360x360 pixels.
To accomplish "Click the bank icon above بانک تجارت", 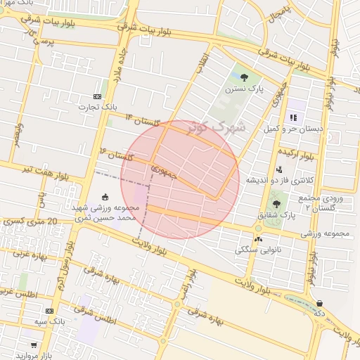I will point(97,96).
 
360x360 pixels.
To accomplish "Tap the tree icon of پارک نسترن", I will point(243,77).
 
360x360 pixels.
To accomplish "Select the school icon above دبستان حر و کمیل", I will point(292,117).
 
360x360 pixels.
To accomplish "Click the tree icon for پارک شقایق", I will point(275,204).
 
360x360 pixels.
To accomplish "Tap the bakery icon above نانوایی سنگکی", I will point(259,239).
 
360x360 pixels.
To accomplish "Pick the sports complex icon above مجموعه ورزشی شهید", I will point(105,197).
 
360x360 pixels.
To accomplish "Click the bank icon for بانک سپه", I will point(49,310).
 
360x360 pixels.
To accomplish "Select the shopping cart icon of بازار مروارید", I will point(33,346).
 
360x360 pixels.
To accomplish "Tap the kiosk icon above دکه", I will point(320,302).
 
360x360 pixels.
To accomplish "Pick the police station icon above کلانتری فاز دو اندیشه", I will point(279,169).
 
